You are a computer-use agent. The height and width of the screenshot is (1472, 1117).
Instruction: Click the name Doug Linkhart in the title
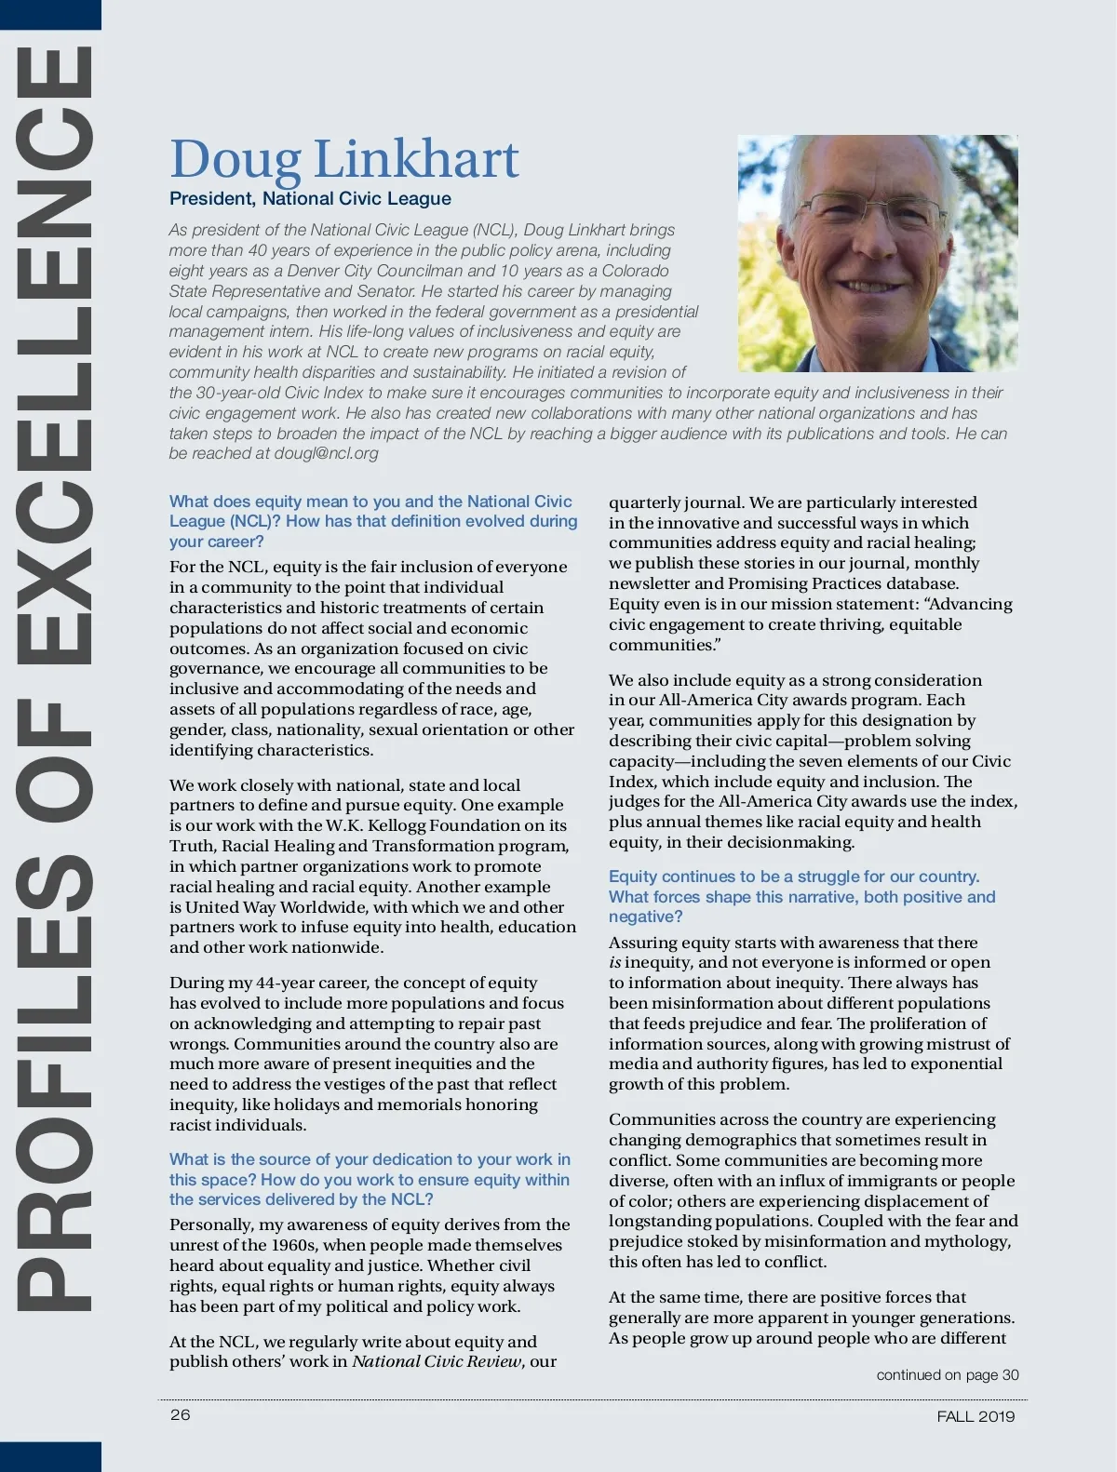[x=343, y=160]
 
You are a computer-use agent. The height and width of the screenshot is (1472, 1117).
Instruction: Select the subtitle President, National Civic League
[x=310, y=199]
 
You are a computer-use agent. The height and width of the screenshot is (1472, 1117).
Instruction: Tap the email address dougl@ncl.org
[x=326, y=454]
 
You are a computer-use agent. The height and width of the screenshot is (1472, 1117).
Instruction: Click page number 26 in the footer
[x=180, y=1415]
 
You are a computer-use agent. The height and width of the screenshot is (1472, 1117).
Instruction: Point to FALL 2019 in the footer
[x=976, y=1417]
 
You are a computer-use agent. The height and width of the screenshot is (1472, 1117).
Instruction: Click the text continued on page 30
[x=947, y=1375]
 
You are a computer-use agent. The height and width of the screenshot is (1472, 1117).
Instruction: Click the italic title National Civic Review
[x=437, y=1362]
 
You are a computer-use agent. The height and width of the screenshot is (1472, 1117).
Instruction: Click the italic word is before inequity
[x=615, y=963]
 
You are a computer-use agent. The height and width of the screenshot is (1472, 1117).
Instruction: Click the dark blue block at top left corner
[x=50, y=14]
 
